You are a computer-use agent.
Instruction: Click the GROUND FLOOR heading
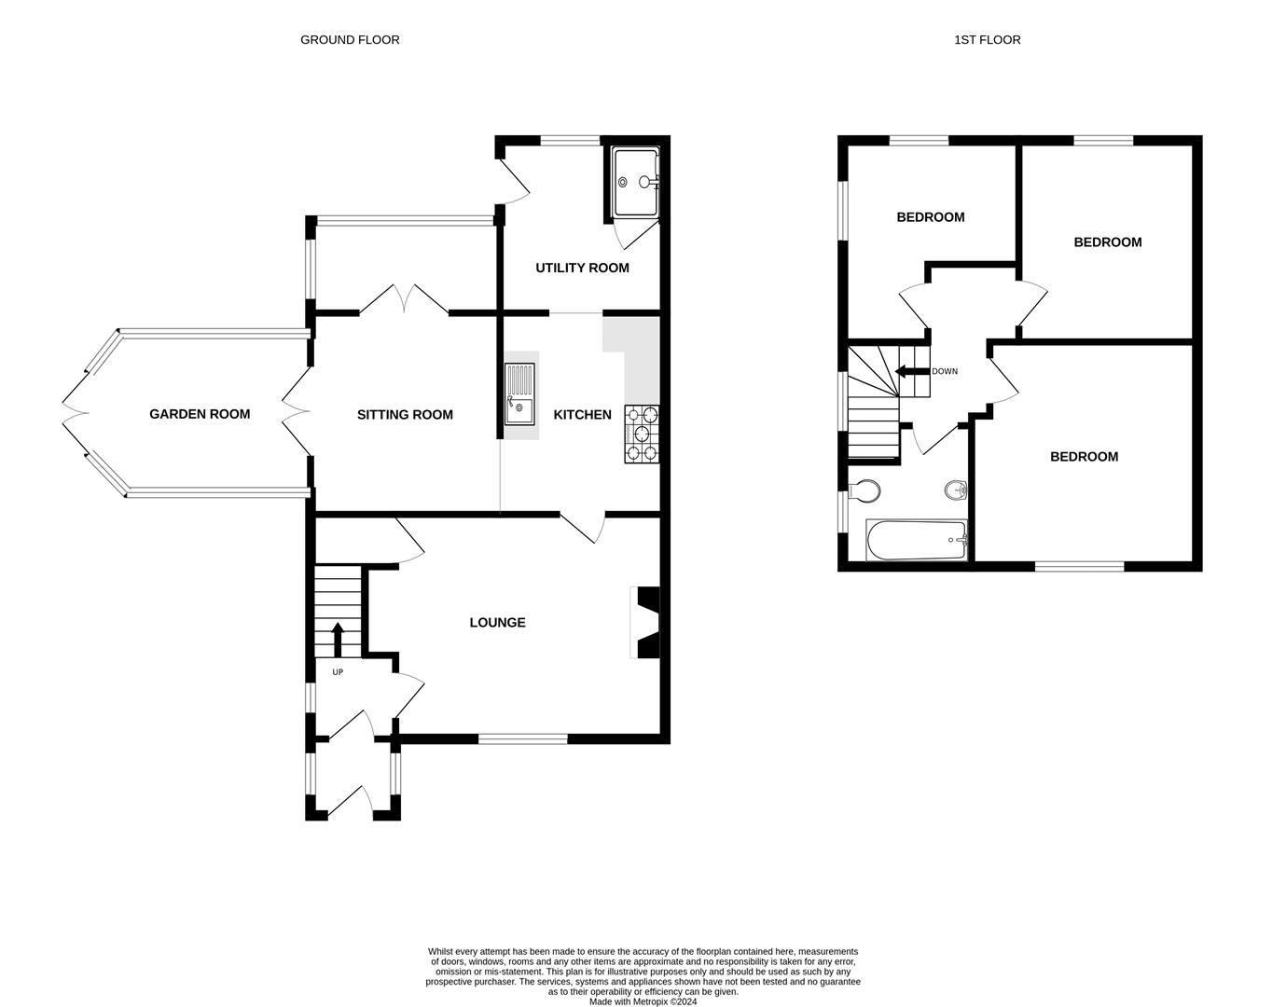coord(350,40)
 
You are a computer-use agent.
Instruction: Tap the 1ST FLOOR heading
coord(988,40)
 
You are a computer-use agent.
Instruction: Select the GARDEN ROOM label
coord(200,414)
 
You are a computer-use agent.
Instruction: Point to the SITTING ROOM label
coord(405,415)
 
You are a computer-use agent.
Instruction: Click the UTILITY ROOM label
coord(582,268)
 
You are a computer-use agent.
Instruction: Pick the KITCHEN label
coord(582,415)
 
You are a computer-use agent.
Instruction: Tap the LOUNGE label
coord(497,623)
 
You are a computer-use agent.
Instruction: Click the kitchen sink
coord(519,394)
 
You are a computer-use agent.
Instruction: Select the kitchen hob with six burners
coord(642,435)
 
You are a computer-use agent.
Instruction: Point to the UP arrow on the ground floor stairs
coord(338,640)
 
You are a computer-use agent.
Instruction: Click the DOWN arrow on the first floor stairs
coord(912,371)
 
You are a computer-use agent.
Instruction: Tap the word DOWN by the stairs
coord(945,371)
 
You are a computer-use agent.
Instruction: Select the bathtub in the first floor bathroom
coord(916,540)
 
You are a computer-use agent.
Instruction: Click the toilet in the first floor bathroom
coord(864,490)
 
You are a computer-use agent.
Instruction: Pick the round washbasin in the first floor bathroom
coord(956,490)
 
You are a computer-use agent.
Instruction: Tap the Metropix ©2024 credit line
coord(643,1001)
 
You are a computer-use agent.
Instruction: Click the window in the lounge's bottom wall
coord(522,739)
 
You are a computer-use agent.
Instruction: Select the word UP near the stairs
coord(338,672)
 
